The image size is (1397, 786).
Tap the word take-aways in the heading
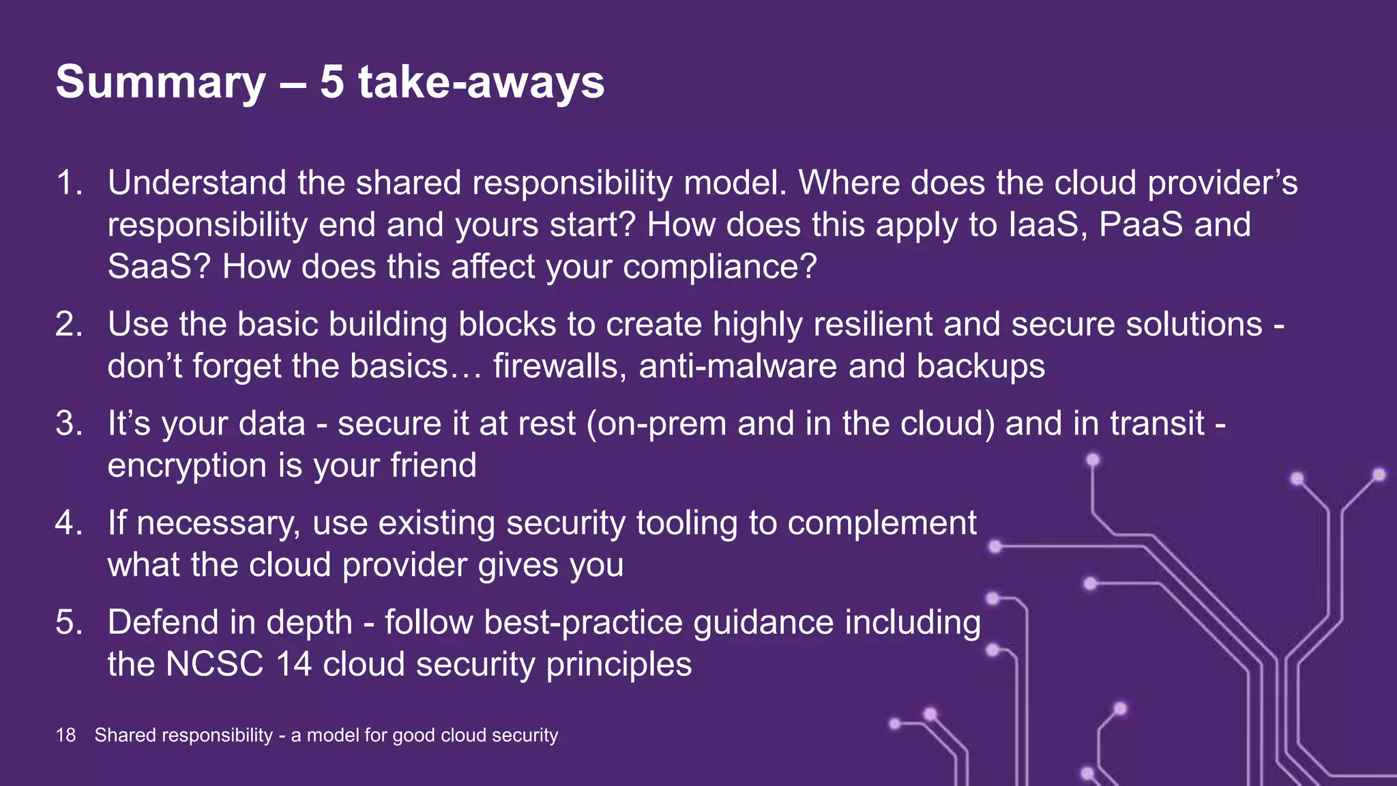(x=481, y=82)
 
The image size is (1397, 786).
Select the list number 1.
(x=69, y=183)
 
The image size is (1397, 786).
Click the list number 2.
(x=69, y=324)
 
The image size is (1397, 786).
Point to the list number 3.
(x=69, y=424)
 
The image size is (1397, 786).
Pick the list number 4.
(x=69, y=523)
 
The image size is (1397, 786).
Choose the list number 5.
(x=69, y=623)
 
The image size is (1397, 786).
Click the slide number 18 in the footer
(x=65, y=735)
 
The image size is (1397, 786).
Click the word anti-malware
(x=737, y=366)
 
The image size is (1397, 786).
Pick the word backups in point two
(x=980, y=366)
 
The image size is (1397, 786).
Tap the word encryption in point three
(x=187, y=467)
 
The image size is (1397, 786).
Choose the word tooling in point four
(x=686, y=523)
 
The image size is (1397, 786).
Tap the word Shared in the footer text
(x=125, y=735)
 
